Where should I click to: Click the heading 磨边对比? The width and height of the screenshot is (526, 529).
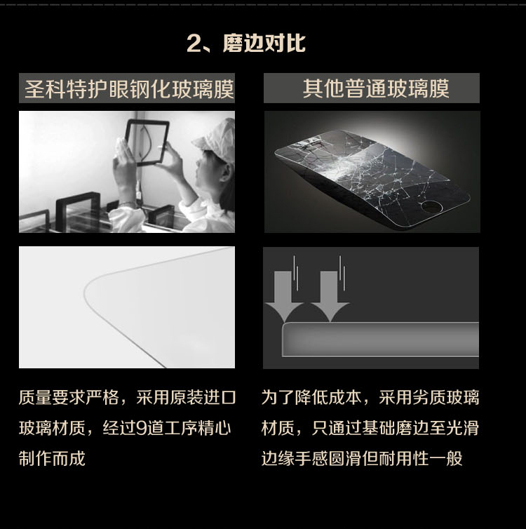point(264,43)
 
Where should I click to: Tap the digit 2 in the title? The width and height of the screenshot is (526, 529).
point(194,44)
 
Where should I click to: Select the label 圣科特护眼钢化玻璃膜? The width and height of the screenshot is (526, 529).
point(129,89)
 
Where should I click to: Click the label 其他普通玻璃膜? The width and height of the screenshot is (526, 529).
point(376,88)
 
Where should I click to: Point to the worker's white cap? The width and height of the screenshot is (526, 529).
point(216,138)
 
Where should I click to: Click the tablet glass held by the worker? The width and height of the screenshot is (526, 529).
point(147,142)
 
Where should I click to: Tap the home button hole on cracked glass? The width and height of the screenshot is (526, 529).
point(431,206)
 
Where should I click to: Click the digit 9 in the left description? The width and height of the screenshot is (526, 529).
point(141,428)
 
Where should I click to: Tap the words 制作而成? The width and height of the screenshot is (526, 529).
point(53,458)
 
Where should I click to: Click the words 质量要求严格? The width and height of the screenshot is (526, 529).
point(69,397)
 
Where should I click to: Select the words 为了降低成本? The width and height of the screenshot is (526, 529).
point(311,397)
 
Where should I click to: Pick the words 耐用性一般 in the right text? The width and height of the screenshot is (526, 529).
point(421,458)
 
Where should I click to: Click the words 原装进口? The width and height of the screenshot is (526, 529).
point(202,397)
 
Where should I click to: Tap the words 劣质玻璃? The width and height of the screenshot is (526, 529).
point(445,397)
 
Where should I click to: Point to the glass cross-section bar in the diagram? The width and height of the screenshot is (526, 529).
point(380,340)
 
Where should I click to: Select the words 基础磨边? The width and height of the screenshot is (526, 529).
point(395,428)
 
